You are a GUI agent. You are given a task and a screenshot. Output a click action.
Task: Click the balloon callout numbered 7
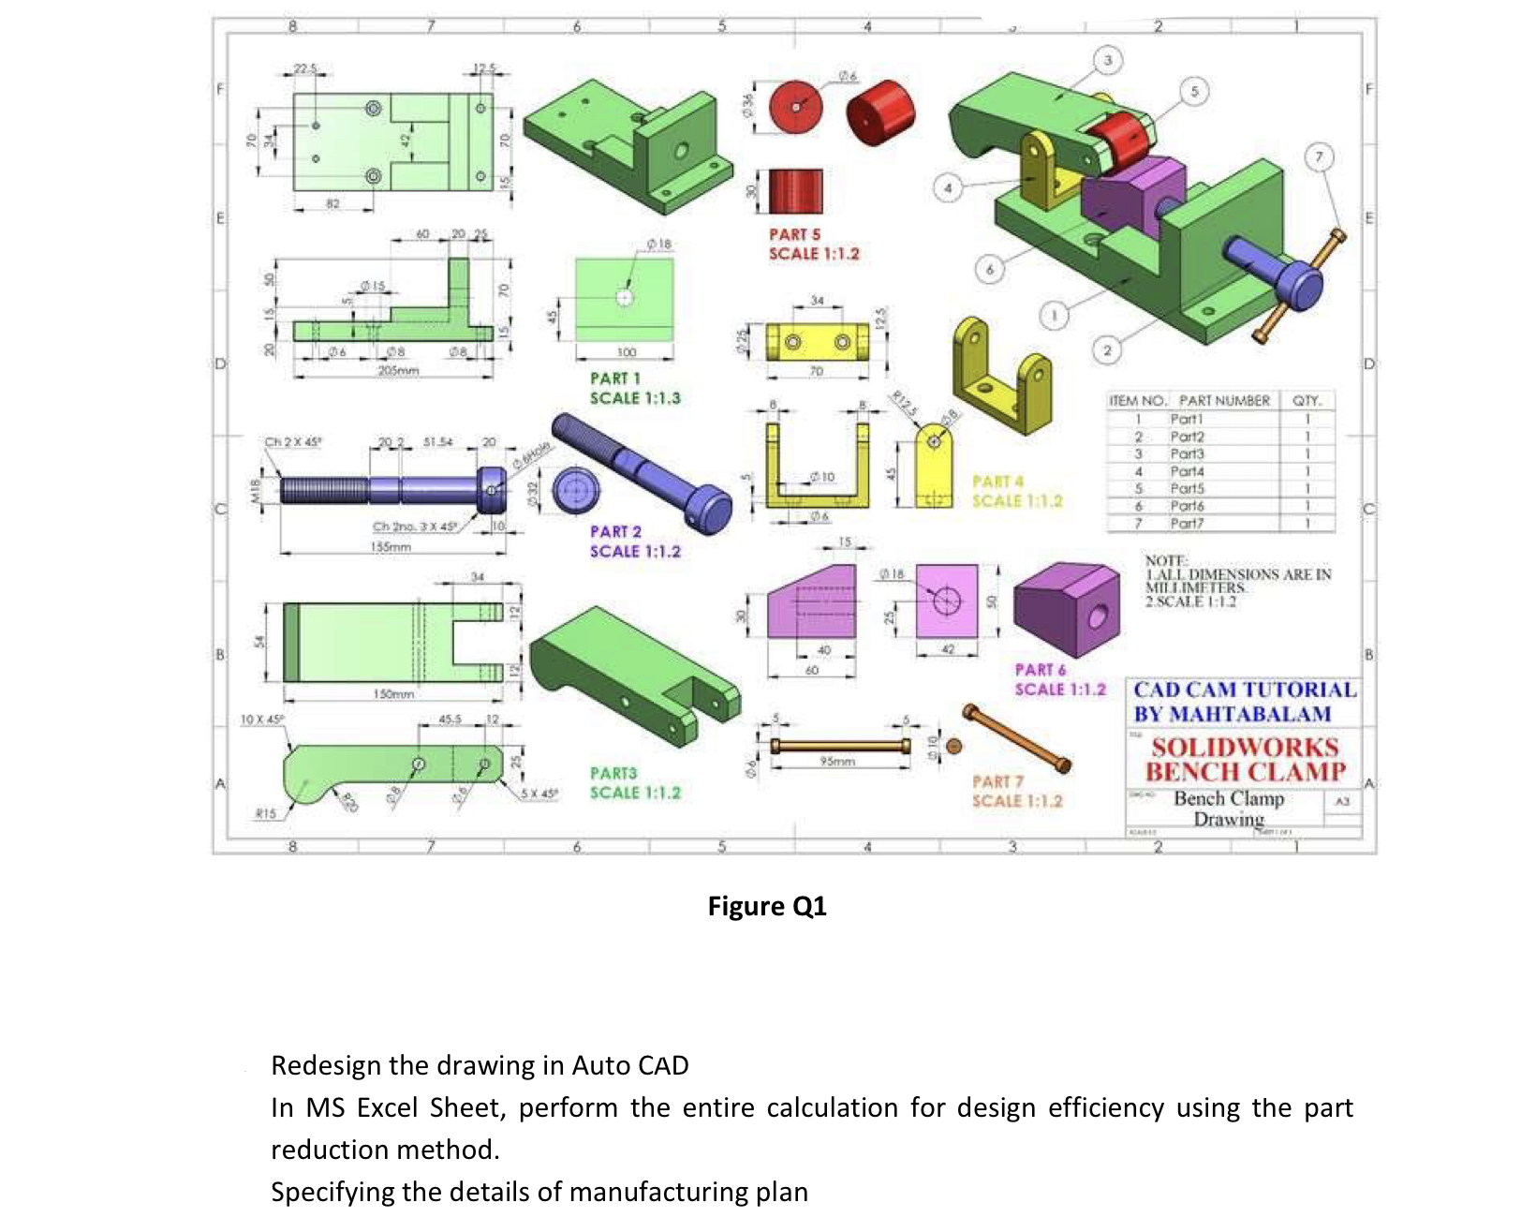coord(1319,156)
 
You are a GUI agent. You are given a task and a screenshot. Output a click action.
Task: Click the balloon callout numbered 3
coord(1107,60)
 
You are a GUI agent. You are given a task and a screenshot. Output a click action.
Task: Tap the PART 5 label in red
coord(794,234)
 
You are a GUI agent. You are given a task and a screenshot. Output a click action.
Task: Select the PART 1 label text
coord(615,379)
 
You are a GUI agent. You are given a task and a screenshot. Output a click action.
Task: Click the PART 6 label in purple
coord(1041,670)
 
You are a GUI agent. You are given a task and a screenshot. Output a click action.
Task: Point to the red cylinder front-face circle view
coord(795,106)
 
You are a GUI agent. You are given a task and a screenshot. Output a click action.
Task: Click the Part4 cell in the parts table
coord(1187,471)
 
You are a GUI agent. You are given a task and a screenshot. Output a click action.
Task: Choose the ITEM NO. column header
coord(1137,401)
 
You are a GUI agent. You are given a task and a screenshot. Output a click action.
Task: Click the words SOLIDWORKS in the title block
coord(1245,748)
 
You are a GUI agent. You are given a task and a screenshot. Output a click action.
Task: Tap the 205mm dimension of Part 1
coord(398,371)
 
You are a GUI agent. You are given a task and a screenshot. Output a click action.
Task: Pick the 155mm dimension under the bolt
coord(391,546)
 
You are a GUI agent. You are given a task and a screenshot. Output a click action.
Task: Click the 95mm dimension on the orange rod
coord(837,762)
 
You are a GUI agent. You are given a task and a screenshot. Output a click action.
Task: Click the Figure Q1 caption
coord(767,906)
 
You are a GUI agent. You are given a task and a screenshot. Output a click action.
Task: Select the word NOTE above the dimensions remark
coord(1164,560)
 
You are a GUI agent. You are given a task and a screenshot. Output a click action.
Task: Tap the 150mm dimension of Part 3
coord(393,694)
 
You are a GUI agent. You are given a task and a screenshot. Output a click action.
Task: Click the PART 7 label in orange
coord(997,781)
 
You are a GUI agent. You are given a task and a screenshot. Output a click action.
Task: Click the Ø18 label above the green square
coord(659,244)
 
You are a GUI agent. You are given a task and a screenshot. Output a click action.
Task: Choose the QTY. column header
coord(1307,401)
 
